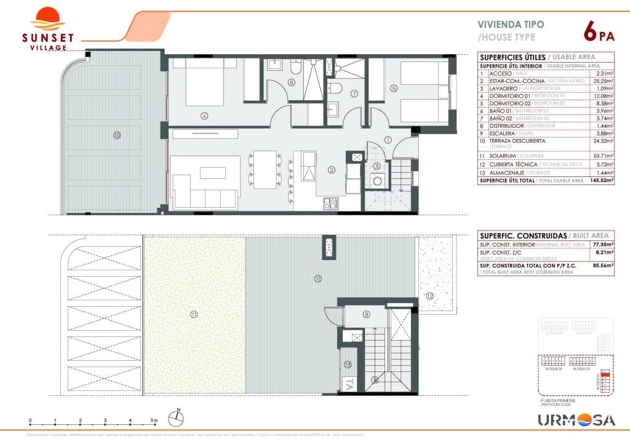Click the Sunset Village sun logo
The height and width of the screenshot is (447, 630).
click(x=47, y=18)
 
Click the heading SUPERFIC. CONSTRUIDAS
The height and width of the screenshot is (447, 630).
click(x=524, y=235)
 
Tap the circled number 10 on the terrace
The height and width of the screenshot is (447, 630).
click(x=116, y=135)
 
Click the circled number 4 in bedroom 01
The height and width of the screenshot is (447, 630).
click(x=203, y=115)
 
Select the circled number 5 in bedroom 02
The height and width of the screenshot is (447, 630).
click(x=394, y=87)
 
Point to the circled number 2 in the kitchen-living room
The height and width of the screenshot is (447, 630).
click(x=331, y=170)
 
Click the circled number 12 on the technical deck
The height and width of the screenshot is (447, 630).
click(x=429, y=296)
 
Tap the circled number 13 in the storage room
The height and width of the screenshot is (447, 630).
click(x=348, y=364)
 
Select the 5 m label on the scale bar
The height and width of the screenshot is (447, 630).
click(x=154, y=421)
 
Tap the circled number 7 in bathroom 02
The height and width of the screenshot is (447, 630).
click(x=353, y=94)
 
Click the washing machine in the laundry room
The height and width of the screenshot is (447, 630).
click(x=377, y=182)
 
